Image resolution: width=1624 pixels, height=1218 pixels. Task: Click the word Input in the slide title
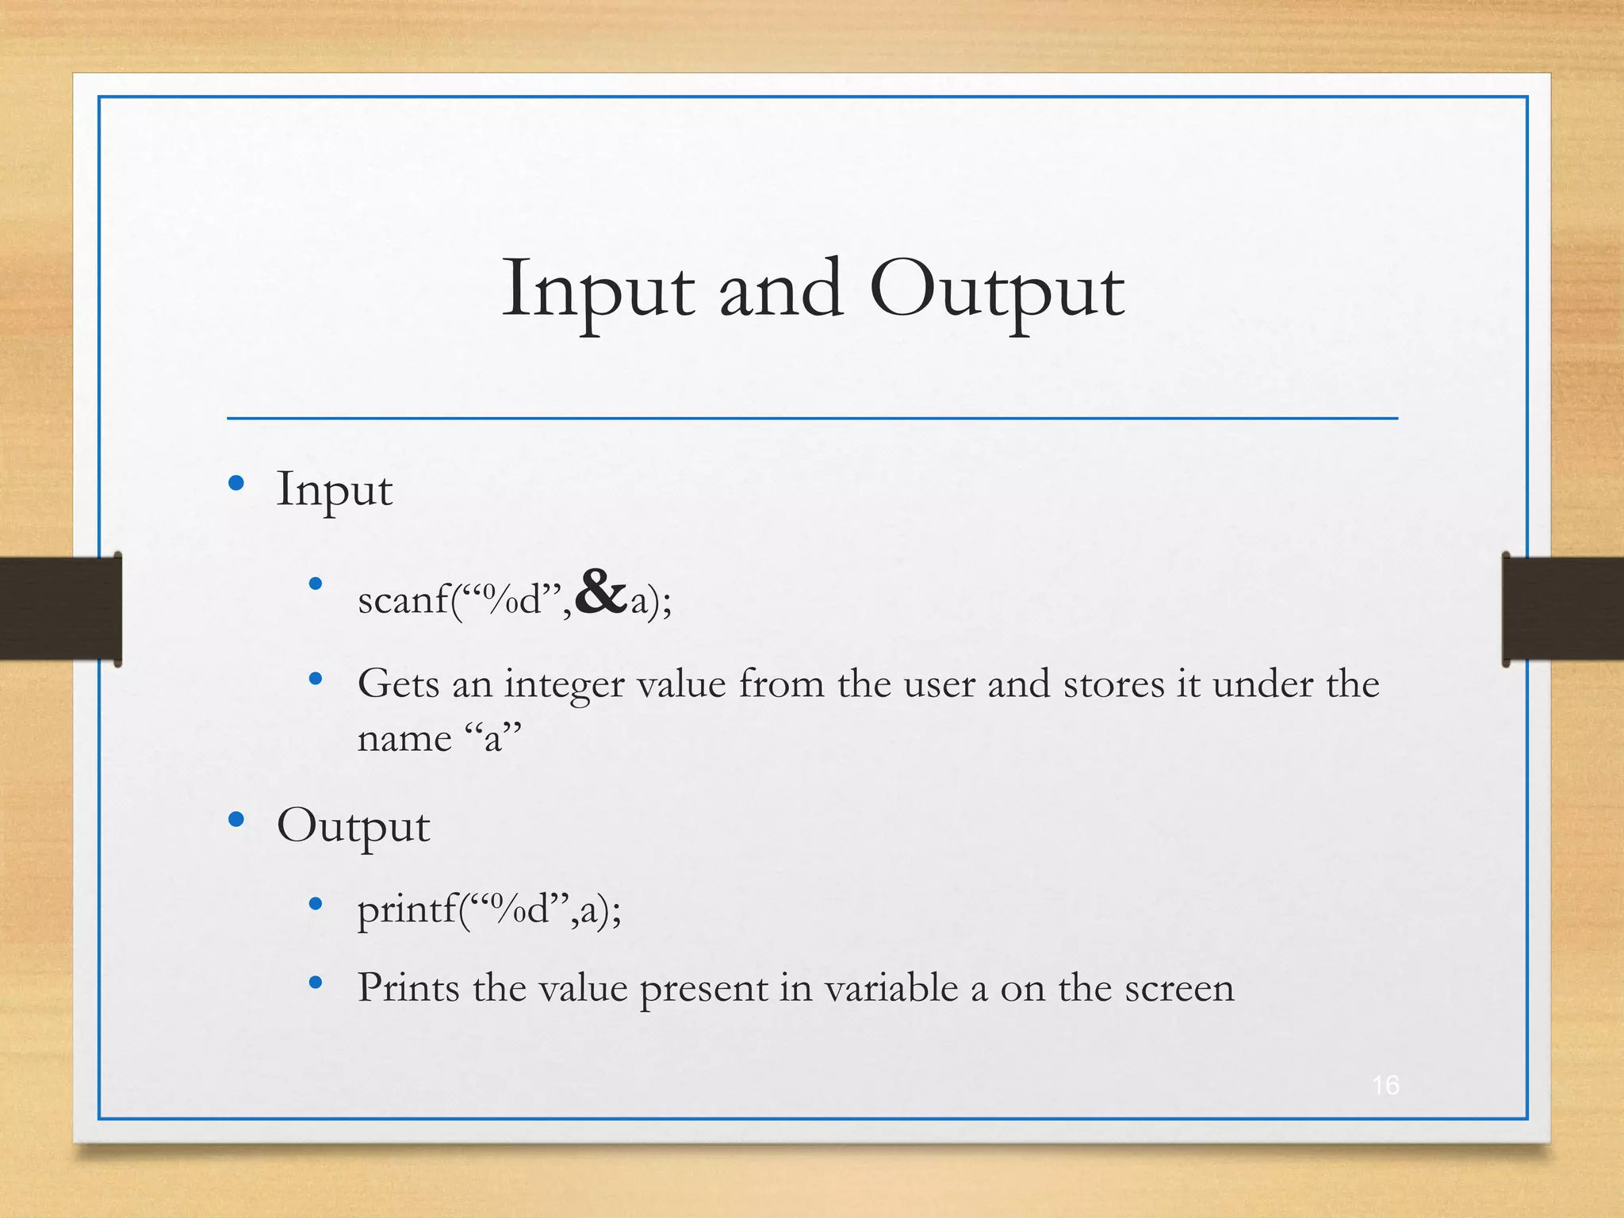598,290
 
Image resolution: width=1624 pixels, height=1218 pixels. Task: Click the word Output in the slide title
996,290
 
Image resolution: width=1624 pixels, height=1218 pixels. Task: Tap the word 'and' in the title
781,290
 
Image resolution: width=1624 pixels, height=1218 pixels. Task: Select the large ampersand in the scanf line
601,592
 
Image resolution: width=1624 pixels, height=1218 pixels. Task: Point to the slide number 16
1385,1085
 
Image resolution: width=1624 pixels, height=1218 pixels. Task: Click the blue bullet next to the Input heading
236,483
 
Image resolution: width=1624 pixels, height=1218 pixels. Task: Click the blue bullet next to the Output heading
236,819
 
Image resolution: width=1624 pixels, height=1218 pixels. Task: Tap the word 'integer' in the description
564,684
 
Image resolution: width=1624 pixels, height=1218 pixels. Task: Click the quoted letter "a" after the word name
492,738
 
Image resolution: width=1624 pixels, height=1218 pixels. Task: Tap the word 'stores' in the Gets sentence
1113,684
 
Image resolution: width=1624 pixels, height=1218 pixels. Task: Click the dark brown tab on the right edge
1563,608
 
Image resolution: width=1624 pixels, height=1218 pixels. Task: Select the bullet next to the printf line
316,903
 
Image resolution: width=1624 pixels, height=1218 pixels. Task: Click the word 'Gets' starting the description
398,684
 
